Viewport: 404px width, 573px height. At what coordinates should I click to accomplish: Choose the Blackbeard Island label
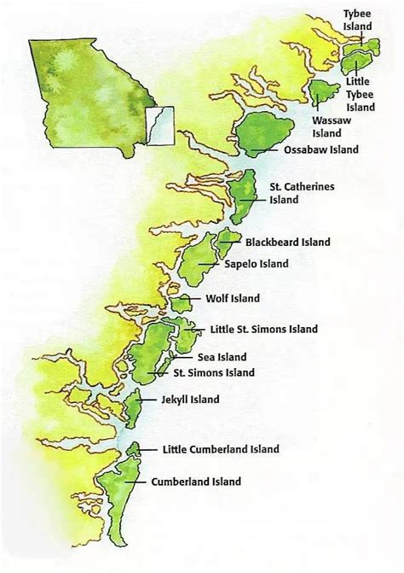[287, 243]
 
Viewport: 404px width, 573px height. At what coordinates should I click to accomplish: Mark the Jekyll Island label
[189, 399]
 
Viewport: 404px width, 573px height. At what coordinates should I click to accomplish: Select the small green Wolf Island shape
[181, 303]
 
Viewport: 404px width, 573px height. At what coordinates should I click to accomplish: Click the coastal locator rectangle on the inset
[159, 126]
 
